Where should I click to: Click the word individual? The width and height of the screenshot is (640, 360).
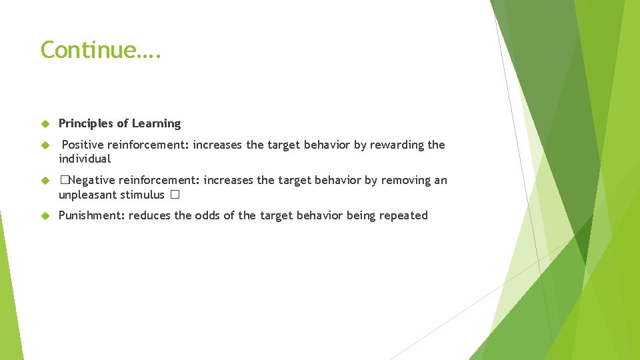tap(85, 159)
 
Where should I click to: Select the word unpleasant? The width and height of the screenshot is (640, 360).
tap(87, 195)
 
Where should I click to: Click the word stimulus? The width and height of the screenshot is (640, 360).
tap(141, 195)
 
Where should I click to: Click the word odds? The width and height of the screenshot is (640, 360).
tap(208, 215)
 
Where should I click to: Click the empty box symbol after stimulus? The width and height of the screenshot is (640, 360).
tap(175, 195)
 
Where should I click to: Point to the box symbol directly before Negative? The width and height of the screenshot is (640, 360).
tap(63, 180)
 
